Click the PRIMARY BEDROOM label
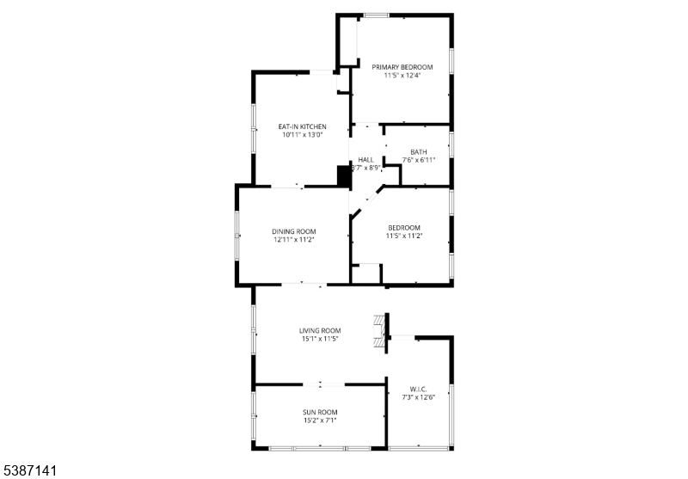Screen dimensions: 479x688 pyautogui.click(x=402, y=66)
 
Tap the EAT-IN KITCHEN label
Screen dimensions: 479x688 pyautogui.click(x=302, y=126)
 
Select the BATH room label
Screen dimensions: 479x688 pyautogui.click(x=419, y=151)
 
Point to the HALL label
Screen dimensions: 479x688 pyautogui.click(x=366, y=160)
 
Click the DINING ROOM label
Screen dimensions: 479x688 pyautogui.click(x=294, y=231)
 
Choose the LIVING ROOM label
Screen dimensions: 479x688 pyautogui.click(x=320, y=330)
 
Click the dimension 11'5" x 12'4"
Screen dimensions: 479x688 pyautogui.click(x=402, y=75)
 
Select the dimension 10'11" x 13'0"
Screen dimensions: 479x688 pyautogui.click(x=302, y=135)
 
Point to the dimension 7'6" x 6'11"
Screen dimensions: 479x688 pyautogui.click(x=419, y=160)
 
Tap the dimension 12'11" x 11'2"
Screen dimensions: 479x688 pyautogui.click(x=294, y=240)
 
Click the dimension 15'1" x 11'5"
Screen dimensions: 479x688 pyautogui.click(x=320, y=339)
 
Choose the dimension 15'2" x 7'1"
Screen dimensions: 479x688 pyautogui.click(x=319, y=421)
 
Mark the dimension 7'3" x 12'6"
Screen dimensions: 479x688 pyautogui.click(x=419, y=397)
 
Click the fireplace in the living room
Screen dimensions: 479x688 pyautogui.click(x=377, y=331)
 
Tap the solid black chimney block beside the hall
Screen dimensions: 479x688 pyautogui.click(x=344, y=176)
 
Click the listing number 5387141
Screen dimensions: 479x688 pyautogui.click(x=30, y=471)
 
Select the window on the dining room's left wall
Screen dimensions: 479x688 pyautogui.click(x=238, y=235)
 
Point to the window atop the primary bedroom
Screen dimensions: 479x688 pyautogui.click(x=376, y=15)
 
